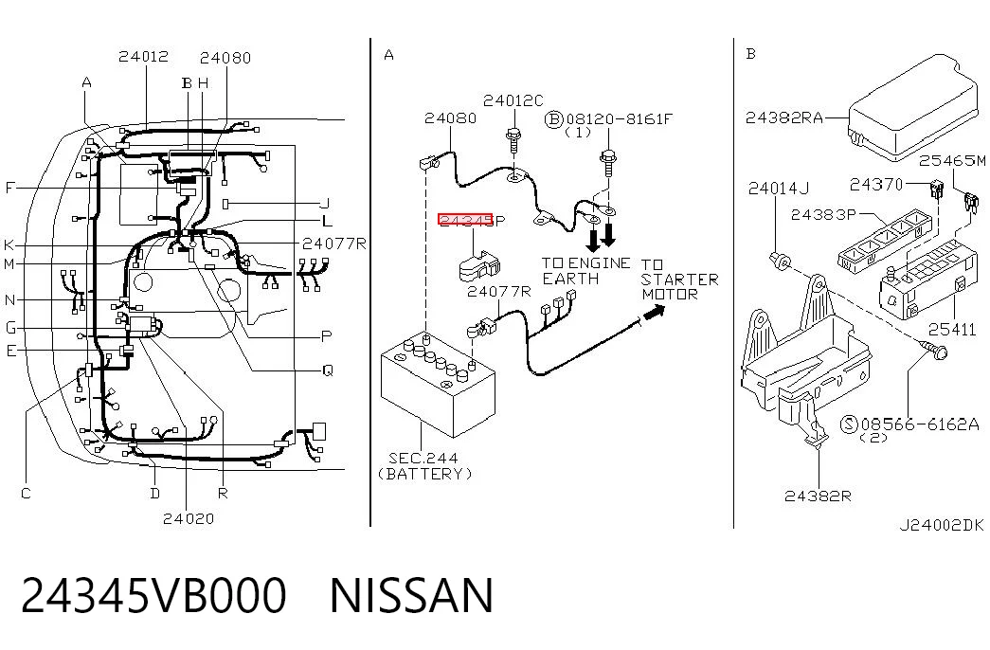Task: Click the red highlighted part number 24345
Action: coord(465,220)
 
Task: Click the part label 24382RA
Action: coord(784,118)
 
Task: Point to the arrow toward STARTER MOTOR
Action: coord(654,312)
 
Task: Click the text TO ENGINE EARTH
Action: coord(585,271)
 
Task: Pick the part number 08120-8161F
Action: coord(620,118)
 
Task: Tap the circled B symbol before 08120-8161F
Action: coord(553,118)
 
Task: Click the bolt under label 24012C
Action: coord(513,140)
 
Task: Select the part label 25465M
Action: coord(952,160)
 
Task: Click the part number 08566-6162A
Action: coord(920,424)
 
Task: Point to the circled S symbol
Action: coord(849,424)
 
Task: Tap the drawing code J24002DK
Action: coord(942,524)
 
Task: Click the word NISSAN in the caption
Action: coord(411,595)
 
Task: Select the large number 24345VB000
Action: coord(153,595)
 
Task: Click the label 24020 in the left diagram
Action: coord(189,518)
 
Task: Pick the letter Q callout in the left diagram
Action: coord(327,370)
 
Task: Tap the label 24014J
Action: coord(778,189)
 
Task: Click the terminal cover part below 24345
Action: coord(478,265)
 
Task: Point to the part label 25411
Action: coord(951,329)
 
